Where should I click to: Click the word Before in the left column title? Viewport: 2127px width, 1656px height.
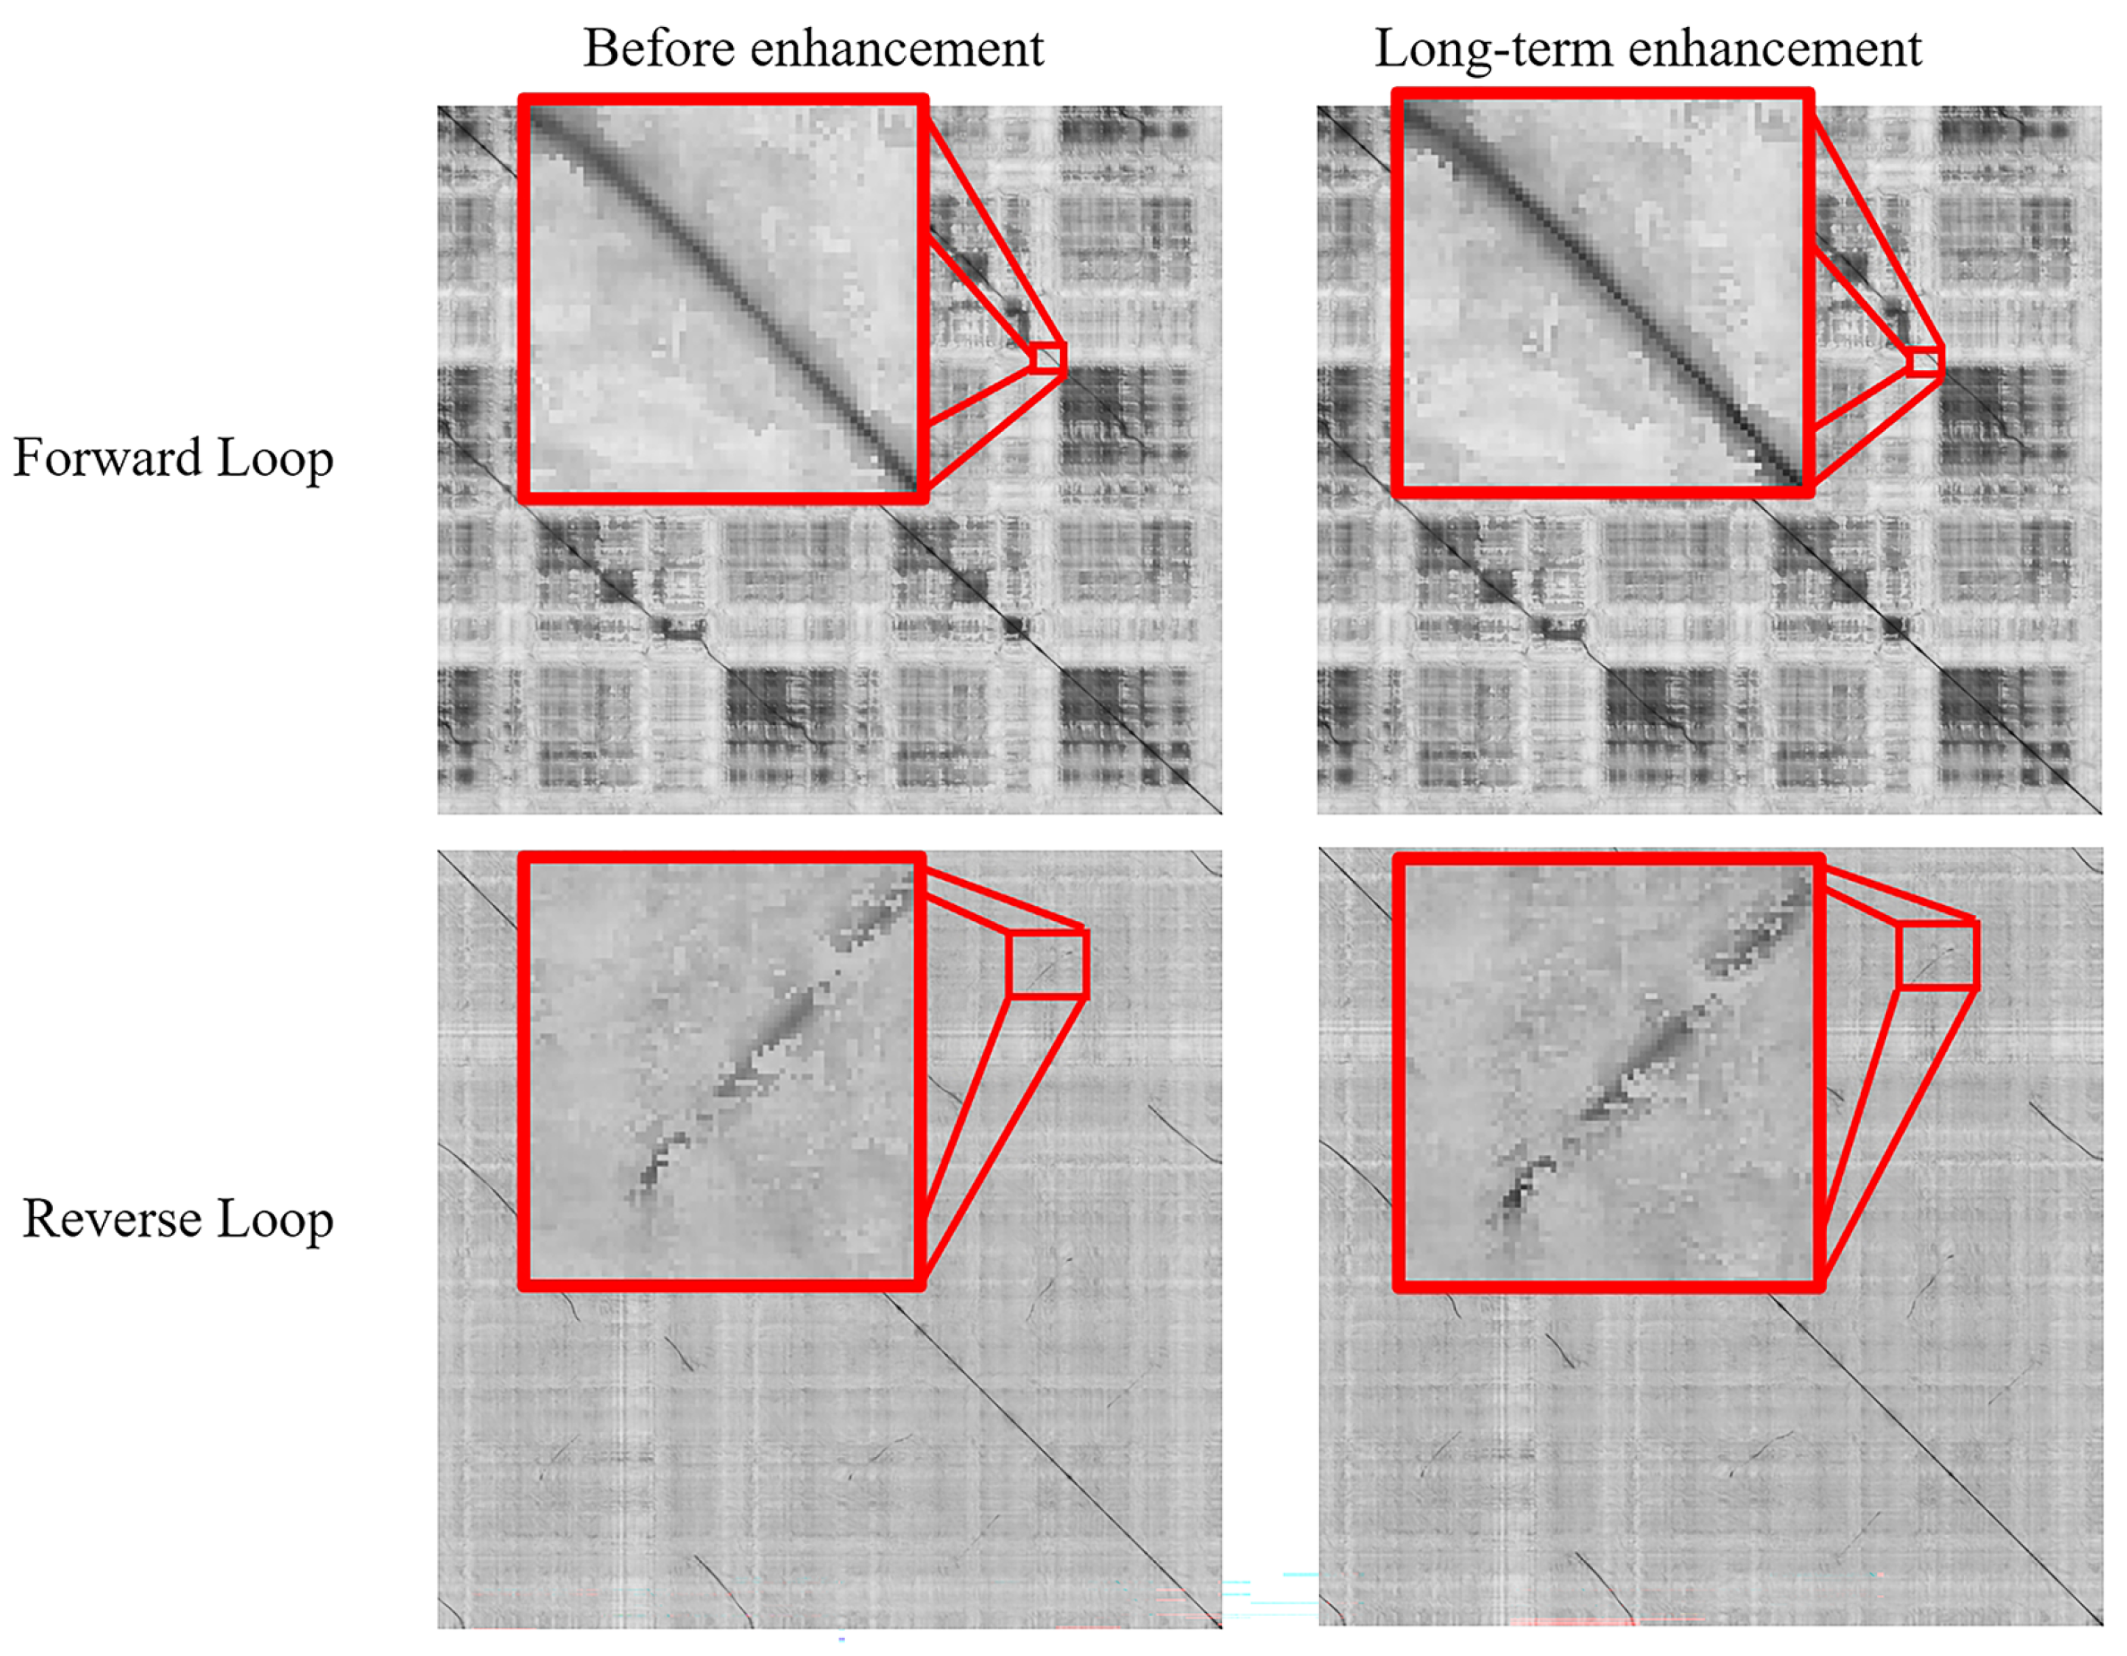(x=658, y=48)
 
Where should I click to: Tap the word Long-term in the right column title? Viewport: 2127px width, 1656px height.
(x=1492, y=48)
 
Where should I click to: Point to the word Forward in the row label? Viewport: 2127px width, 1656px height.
(x=108, y=458)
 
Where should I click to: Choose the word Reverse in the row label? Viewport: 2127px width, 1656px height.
(x=112, y=1219)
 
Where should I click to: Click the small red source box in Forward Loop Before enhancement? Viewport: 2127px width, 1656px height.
(x=1048, y=358)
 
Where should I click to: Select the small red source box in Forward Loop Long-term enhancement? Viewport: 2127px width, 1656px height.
(x=1925, y=360)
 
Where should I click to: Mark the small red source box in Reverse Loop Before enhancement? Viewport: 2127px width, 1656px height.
(x=1047, y=963)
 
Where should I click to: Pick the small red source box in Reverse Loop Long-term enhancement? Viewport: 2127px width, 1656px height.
(x=1936, y=955)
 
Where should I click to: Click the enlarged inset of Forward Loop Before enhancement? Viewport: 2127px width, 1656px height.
(x=723, y=298)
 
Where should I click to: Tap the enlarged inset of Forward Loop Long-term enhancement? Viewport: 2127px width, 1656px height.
(x=1602, y=293)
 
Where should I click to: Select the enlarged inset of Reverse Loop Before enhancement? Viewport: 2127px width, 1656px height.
(x=721, y=1072)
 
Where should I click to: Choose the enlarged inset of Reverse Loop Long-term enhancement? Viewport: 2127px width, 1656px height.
(x=1608, y=1073)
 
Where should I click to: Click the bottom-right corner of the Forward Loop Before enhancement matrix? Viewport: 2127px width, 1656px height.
(x=1220, y=812)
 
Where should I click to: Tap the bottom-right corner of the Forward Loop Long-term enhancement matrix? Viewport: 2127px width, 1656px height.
(x=2100, y=812)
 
